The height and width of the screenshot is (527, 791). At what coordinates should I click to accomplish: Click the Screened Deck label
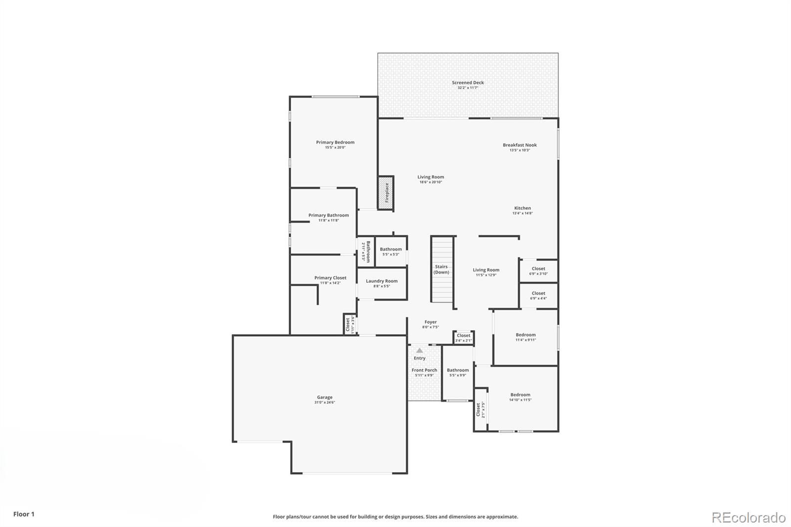tap(468, 83)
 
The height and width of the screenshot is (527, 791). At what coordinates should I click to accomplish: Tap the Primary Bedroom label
tap(335, 142)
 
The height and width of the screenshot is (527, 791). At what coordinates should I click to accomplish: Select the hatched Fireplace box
tap(386, 193)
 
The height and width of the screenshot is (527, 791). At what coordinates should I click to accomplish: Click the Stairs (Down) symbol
tap(442, 269)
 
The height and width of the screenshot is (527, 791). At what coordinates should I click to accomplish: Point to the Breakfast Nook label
tap(520, 145)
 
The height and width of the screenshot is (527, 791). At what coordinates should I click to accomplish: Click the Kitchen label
tap(522, 208)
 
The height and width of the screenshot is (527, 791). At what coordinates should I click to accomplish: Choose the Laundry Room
tap(382, 283)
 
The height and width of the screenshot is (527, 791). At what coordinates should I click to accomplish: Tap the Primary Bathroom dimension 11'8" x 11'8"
tap(328, 220)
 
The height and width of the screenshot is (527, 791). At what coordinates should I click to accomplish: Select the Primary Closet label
tap(330, 278)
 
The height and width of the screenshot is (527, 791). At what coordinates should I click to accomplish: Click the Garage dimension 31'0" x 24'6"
tap(324, 402)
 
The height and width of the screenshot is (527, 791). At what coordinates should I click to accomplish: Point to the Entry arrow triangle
tap(419, 350)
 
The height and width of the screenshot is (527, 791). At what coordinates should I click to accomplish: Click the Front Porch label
tap(424, 370)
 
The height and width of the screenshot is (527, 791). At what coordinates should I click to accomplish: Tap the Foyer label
tap(430, 322)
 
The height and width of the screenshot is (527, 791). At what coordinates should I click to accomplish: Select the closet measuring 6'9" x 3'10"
tap(538, 271)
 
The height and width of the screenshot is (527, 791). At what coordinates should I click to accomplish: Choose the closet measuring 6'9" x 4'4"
tap(538, 296)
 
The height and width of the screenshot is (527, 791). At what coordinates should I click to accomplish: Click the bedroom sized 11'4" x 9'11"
tap(526, 337)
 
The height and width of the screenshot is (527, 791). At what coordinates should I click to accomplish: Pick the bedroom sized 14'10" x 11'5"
tap(520, 397)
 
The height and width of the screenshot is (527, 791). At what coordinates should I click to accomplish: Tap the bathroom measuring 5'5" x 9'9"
tap(458, 372)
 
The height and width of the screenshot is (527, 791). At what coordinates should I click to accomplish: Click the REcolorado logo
tap(748, 517)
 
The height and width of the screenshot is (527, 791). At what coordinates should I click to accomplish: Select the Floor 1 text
tap(24, 514)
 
